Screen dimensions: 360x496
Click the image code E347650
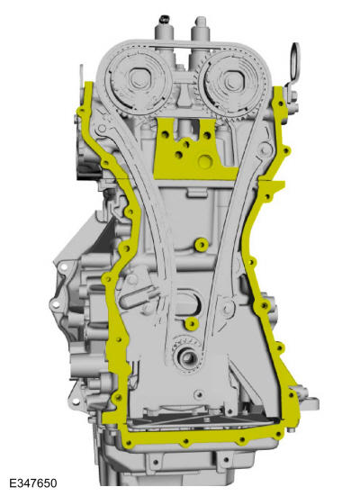[33, 483]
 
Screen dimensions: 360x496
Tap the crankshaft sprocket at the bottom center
[187, 354]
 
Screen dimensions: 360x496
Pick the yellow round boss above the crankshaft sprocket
[192, 323]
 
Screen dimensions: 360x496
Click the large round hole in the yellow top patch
[205, 162]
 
